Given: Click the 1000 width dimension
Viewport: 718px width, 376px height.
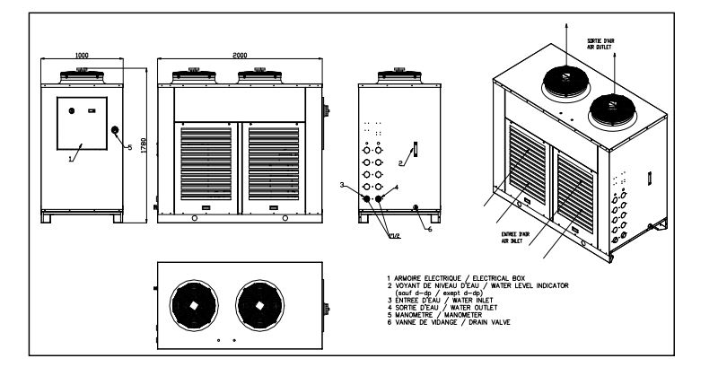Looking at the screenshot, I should tap(82, 55).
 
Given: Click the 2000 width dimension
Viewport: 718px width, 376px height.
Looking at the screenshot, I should tap(239, 55).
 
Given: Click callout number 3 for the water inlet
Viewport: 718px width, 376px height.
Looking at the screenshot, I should tap(342, 184).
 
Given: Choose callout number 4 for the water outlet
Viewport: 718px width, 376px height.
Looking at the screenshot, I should tap(396, 188).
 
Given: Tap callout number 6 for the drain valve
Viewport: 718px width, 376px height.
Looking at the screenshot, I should tap(429, 230).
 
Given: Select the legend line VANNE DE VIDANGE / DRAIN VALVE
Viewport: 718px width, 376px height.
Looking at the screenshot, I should tap(439, 320).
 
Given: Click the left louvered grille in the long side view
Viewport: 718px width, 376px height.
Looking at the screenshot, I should tap(206, 162).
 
